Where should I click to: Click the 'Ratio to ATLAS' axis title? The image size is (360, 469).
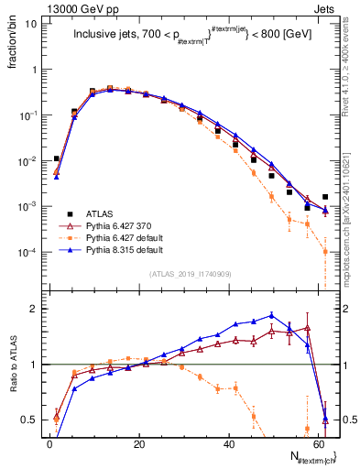click(x=11, y=365)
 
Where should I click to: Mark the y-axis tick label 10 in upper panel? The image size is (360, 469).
click(x=29, y=24)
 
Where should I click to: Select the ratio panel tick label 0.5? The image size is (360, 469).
click(x=29, y=420)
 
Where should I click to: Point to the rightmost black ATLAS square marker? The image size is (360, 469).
click(x=325, y=197)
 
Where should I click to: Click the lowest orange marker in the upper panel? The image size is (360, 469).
click(x=325, y=251)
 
